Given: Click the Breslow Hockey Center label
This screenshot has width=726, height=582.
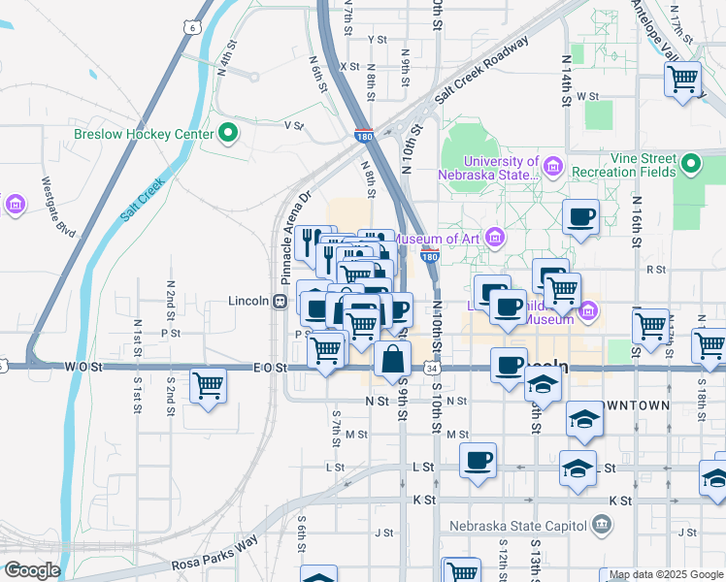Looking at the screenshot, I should coord(143,133).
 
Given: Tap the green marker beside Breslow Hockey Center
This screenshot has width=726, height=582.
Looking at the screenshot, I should coord(230,133).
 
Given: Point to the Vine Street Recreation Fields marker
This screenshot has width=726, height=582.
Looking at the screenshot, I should coord(691,164).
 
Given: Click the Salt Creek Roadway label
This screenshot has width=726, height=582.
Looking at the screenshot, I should coord(481,71).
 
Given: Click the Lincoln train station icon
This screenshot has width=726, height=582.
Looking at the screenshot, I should coord(280,301).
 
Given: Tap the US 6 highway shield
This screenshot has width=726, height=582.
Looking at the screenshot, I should coord(194,27).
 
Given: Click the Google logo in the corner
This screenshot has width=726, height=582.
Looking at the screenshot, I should coord(31,570).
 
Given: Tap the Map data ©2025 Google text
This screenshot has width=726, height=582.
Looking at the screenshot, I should coord(667,575).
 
